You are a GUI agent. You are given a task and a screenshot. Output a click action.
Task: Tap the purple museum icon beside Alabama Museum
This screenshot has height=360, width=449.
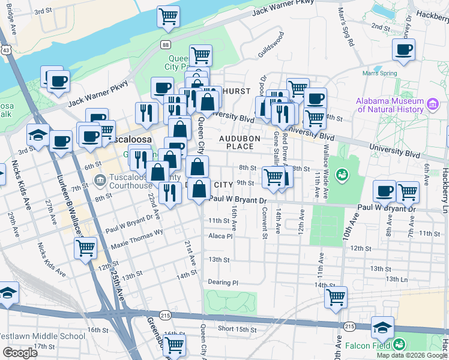pyautogui.click(x=432, y=106)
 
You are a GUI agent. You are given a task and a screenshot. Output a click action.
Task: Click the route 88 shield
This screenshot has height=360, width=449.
pyautogui.click(x=165, y=44)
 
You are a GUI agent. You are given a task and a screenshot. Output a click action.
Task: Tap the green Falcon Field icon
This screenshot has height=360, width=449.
pyautogui.click(x=399, y=344)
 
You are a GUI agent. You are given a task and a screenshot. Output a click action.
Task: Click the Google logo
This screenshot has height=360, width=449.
pyautogui.click(x=20, y=353)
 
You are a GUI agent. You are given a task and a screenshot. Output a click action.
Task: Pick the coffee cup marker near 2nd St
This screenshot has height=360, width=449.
pyautogui.click(x=404, y=50)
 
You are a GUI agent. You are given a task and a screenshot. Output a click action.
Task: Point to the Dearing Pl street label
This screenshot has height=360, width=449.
pyautogui.click(x=223, y=282)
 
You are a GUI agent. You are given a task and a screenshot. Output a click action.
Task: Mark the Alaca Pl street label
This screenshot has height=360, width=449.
pyautogui.click(x=220, y=236)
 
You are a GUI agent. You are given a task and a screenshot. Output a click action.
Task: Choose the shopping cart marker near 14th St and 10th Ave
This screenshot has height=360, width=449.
pyautogui.click(x=336, y=296)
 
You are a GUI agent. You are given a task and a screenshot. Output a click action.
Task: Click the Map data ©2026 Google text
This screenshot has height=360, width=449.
pyautogui.click(x=412, y=355)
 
